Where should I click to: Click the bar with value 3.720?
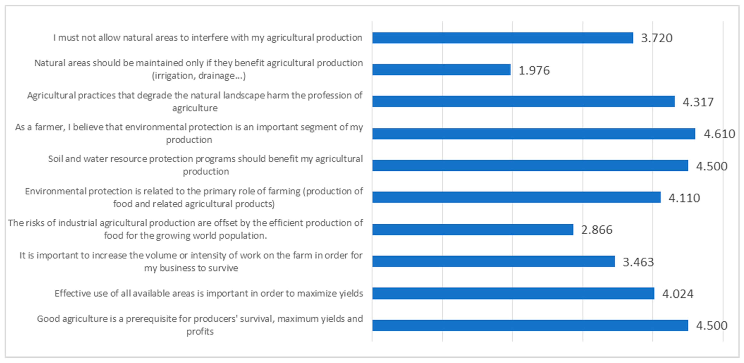pyautogui.click(x=503, y=38)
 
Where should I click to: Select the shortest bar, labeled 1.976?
pyautogui.click(x=441, y=69)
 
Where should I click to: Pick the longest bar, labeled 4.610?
pyautogui.click(x=533, y=134)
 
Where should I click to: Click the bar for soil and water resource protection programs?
pyautogui.click(x=530, y=166)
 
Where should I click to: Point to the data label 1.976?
pyautogui.click(x=534, y=70)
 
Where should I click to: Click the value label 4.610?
pyautogui.click(x=719, y=134)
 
